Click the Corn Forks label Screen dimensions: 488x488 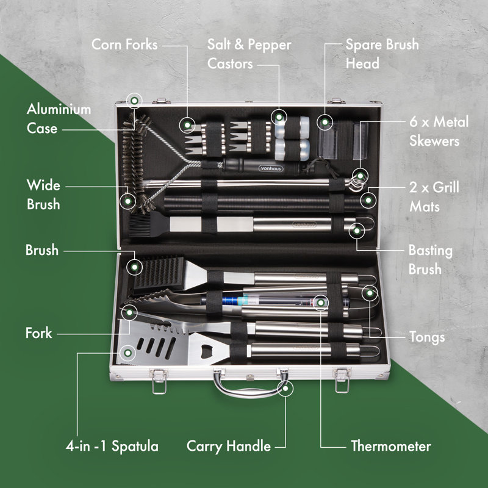pos(124,45)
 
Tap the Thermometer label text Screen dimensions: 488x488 pos(391,446)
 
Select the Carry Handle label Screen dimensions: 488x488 pos(229,447)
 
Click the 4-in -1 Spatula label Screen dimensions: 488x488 pos(112,447)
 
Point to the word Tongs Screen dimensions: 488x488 pos(427,337)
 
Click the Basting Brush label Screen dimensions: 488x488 pos(431,260)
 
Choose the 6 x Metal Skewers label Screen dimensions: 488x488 pos(439,131)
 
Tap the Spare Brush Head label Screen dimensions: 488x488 pos(382,54)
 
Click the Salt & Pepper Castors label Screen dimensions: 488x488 pos(249,54)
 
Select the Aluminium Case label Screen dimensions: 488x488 pos(59,118)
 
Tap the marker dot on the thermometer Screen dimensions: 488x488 pos(321,303)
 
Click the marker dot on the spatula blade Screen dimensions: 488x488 pos(127,353)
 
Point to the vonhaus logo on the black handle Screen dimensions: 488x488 pos(271,168)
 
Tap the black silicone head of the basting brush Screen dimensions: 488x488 pos(149,224)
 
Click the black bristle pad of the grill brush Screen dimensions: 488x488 pos(159,272)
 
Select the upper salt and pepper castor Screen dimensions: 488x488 pos(292,127)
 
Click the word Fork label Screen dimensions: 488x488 pos(38,333)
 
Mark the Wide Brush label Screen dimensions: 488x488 pos(43,195)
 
